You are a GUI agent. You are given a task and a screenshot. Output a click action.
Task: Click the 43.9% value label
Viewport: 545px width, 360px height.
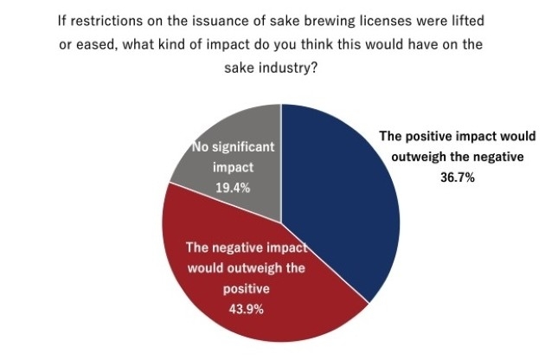click(x=246, y=310)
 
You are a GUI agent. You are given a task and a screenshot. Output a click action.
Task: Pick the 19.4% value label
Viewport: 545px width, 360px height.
click(x=234, y=186)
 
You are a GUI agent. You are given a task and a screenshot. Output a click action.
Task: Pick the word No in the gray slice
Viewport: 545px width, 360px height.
click(x=200, y=148)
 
